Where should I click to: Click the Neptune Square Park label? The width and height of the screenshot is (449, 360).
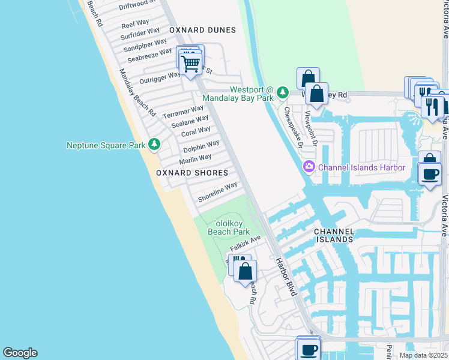click(106, 145)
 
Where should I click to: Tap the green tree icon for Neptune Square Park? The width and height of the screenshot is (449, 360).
click(155, 145)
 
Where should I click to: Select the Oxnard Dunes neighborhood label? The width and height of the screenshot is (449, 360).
click(202, 29)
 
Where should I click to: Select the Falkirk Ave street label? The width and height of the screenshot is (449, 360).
click(245, 243)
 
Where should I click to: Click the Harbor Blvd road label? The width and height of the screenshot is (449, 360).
click(286, 277)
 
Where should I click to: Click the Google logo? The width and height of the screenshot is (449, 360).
click(20, 353)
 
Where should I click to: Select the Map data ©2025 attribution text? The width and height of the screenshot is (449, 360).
click(423, 355)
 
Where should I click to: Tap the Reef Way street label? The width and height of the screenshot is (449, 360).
click(135, 25)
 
